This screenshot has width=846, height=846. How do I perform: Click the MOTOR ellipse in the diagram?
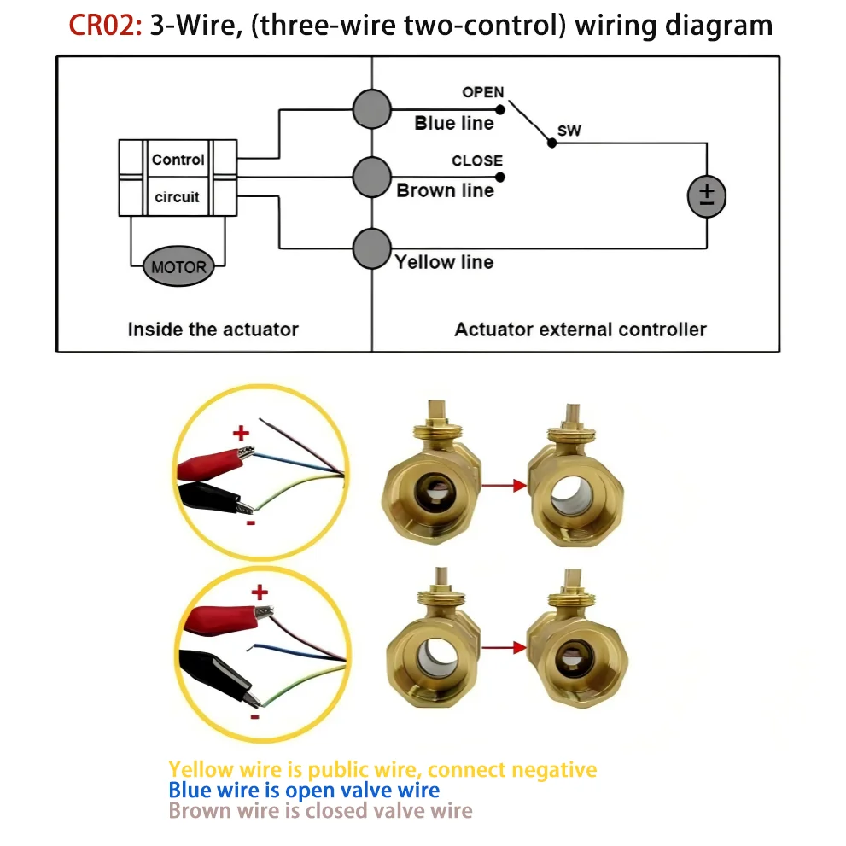tap(178, 266)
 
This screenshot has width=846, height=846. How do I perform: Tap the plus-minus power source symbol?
tap(707, 196)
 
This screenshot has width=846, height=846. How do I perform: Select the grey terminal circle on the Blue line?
tap(371, 109)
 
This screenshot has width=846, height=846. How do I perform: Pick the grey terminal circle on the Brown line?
tap(371, 177)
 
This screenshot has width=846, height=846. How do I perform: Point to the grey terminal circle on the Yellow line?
tap(371, 248)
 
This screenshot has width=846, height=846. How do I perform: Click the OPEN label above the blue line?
tap(483, 92)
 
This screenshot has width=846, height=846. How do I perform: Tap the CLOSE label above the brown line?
tap(477, 160)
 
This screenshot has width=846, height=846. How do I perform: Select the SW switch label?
tap(569, 131)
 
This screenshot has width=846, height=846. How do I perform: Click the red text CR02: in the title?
tap(105, 26)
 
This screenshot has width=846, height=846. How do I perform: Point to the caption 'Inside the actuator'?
tap(213, 330)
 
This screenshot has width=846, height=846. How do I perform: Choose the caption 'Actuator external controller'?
tap(581, 330)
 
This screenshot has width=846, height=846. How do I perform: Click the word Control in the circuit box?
tap(178, 160)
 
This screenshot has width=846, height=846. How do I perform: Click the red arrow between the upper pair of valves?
tap(504, 486)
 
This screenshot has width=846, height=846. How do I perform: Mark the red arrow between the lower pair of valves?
tap(504, 647)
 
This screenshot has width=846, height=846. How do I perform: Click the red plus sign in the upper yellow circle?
tap(242, 433)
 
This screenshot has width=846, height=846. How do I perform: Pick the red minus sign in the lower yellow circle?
tap(254, 716)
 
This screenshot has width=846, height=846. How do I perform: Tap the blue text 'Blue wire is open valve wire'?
tap(304, 790)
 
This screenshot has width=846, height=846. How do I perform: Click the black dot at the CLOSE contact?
tap(500, 177)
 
